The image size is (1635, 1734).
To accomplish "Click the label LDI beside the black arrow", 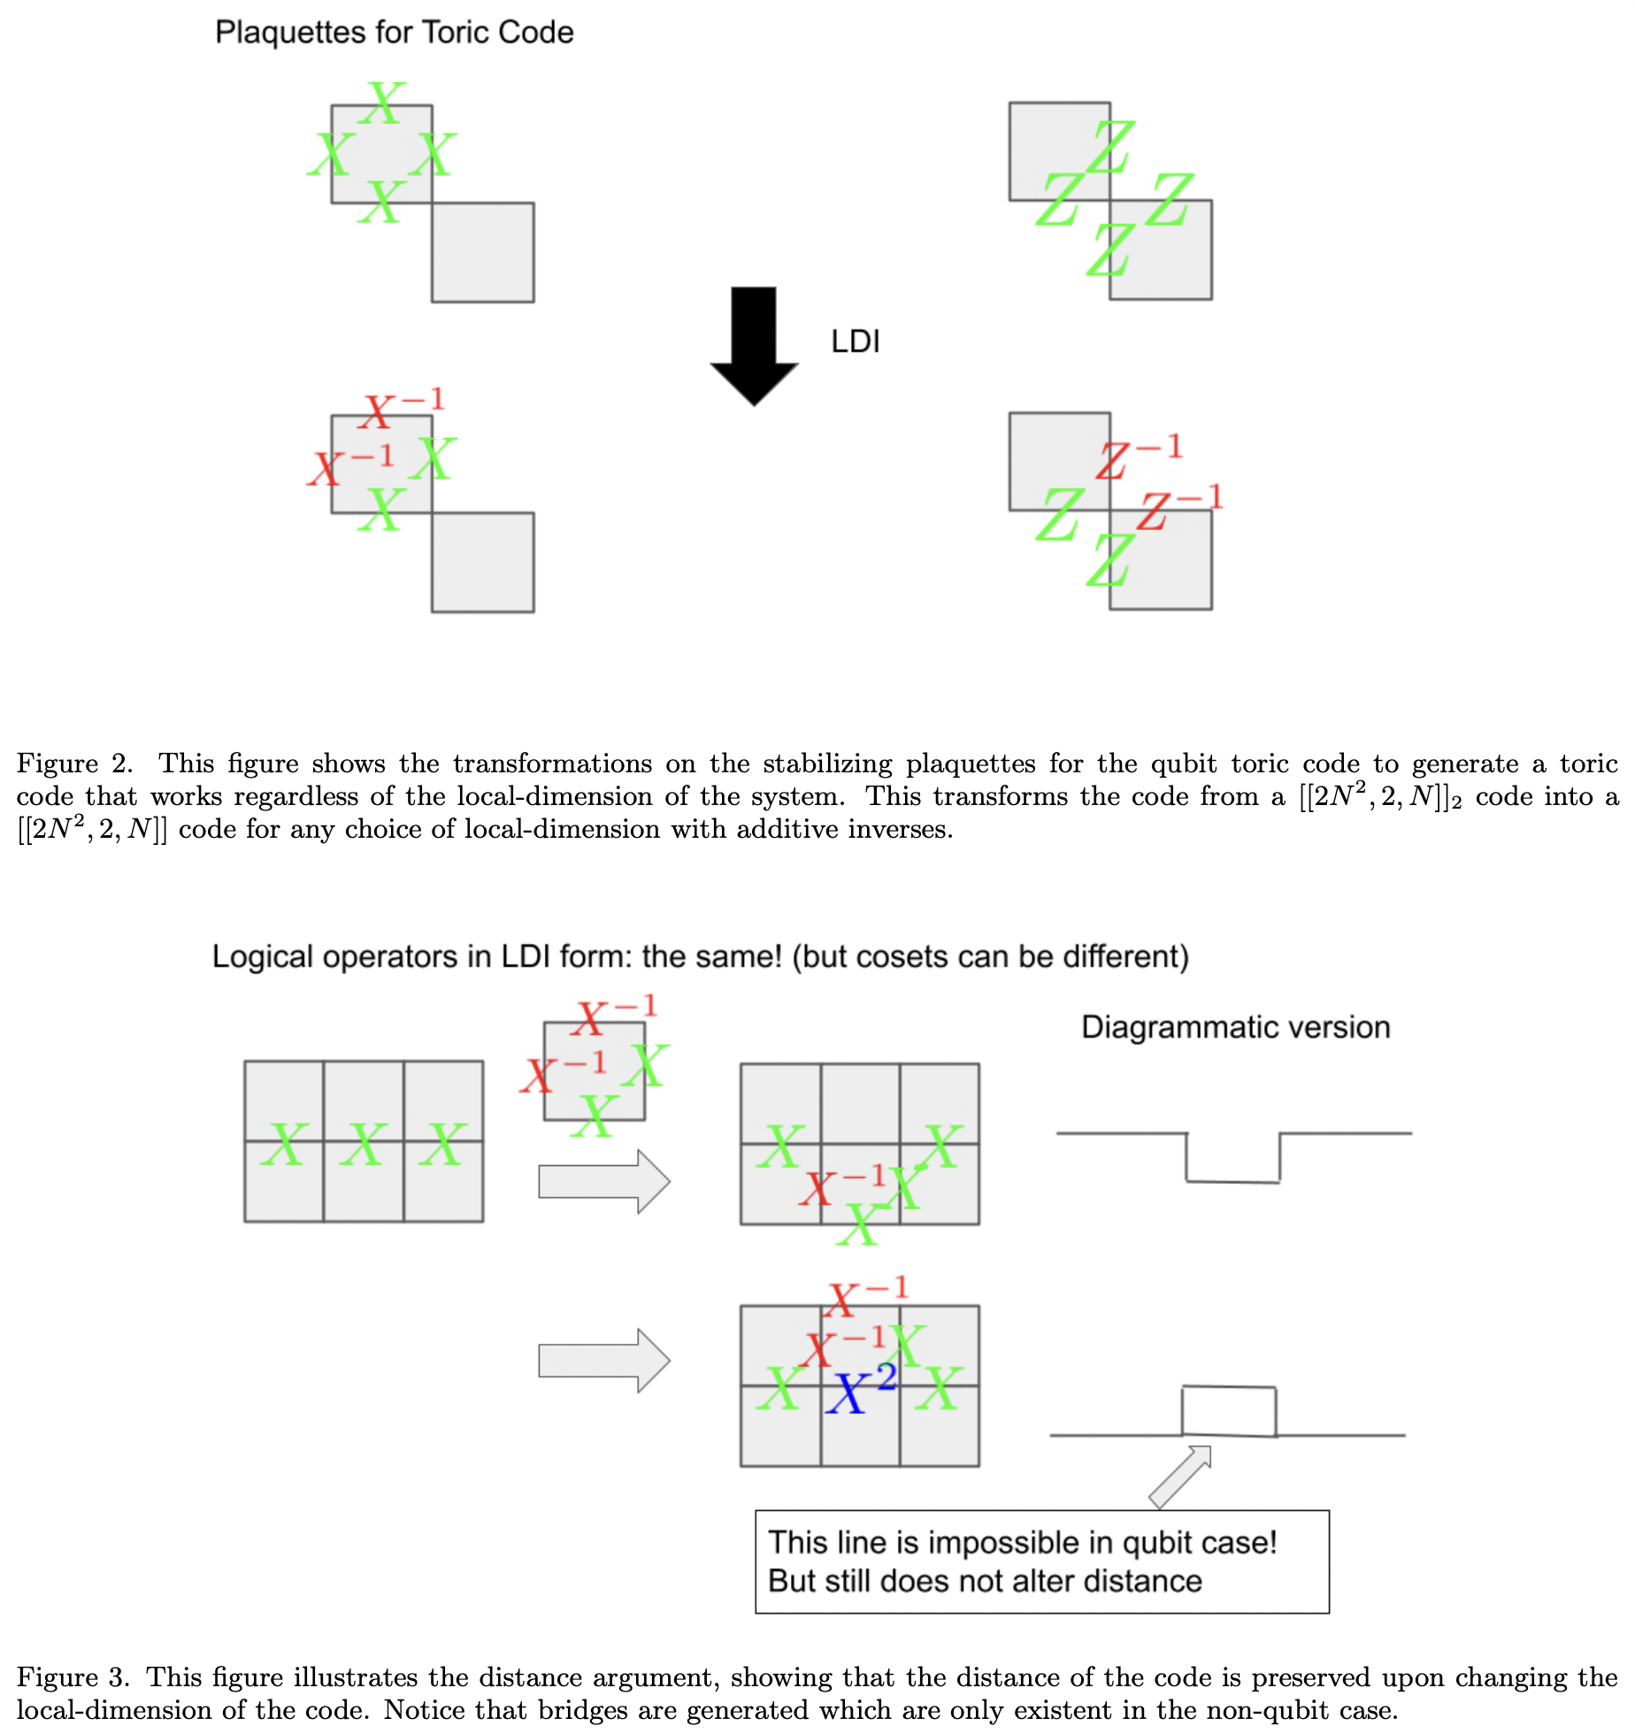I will pyautogui.click(x=855, y=341).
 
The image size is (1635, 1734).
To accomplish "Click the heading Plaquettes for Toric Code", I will pyautogui.click(x=394, y=33).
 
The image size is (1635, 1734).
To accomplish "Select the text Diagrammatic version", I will pyautogui.click(x=1235, y=1027).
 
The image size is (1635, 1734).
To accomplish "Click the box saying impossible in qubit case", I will pyautogui.click(x=1041, y=1561).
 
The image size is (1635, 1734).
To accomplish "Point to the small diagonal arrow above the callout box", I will pyautogui.click(x=1180, y=1476).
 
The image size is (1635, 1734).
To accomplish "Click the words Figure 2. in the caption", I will pyautogui.click(x=74, y=763).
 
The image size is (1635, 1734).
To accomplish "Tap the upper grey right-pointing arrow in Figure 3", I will pyautogui.click(x=604, y=1181).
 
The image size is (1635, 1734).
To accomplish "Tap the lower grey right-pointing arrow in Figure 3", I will pyautogui.click(x=604, y=1361).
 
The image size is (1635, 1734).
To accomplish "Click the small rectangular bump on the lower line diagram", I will pyautogui.click(x=1229, y=1411).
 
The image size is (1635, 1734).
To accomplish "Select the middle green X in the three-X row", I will pyautogui.click(x=364, y=1144).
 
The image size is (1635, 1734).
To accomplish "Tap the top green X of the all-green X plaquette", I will pyautogui.click(x=382, y=103).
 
